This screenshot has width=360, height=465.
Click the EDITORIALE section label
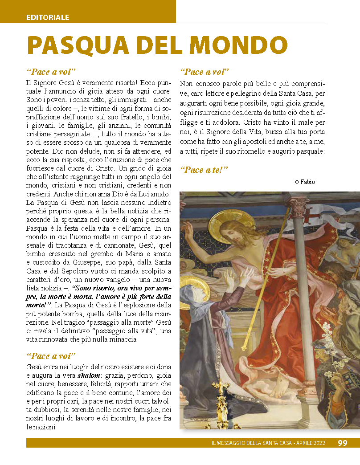pyautogui.click(x=48, y=18)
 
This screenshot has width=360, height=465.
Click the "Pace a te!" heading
pyautogui.click(x=204, y=170)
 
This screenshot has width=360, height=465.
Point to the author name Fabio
pyautogui.click(x=308, y=182)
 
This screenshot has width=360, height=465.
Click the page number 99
pyautogui.click(x=343, y=443)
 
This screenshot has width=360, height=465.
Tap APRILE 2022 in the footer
pyautogui.click(x=311, y=443)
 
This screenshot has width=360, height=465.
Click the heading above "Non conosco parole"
pyautogui.click(x=204, y=72)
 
